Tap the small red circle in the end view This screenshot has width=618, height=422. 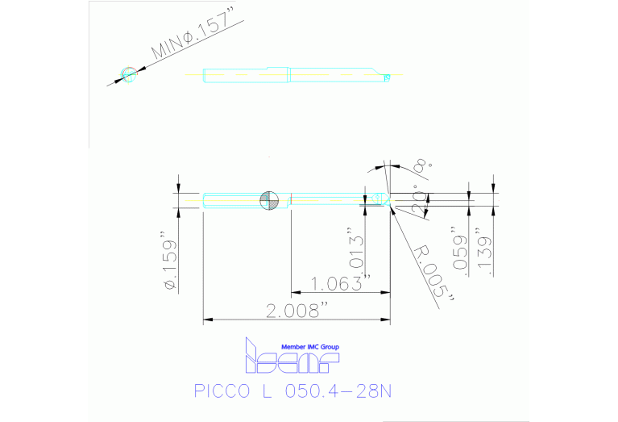pos(128,75)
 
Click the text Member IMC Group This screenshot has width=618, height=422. pos(310,347)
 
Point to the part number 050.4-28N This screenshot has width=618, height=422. pos(339,393)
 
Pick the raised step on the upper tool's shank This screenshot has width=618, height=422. pos(277,68)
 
